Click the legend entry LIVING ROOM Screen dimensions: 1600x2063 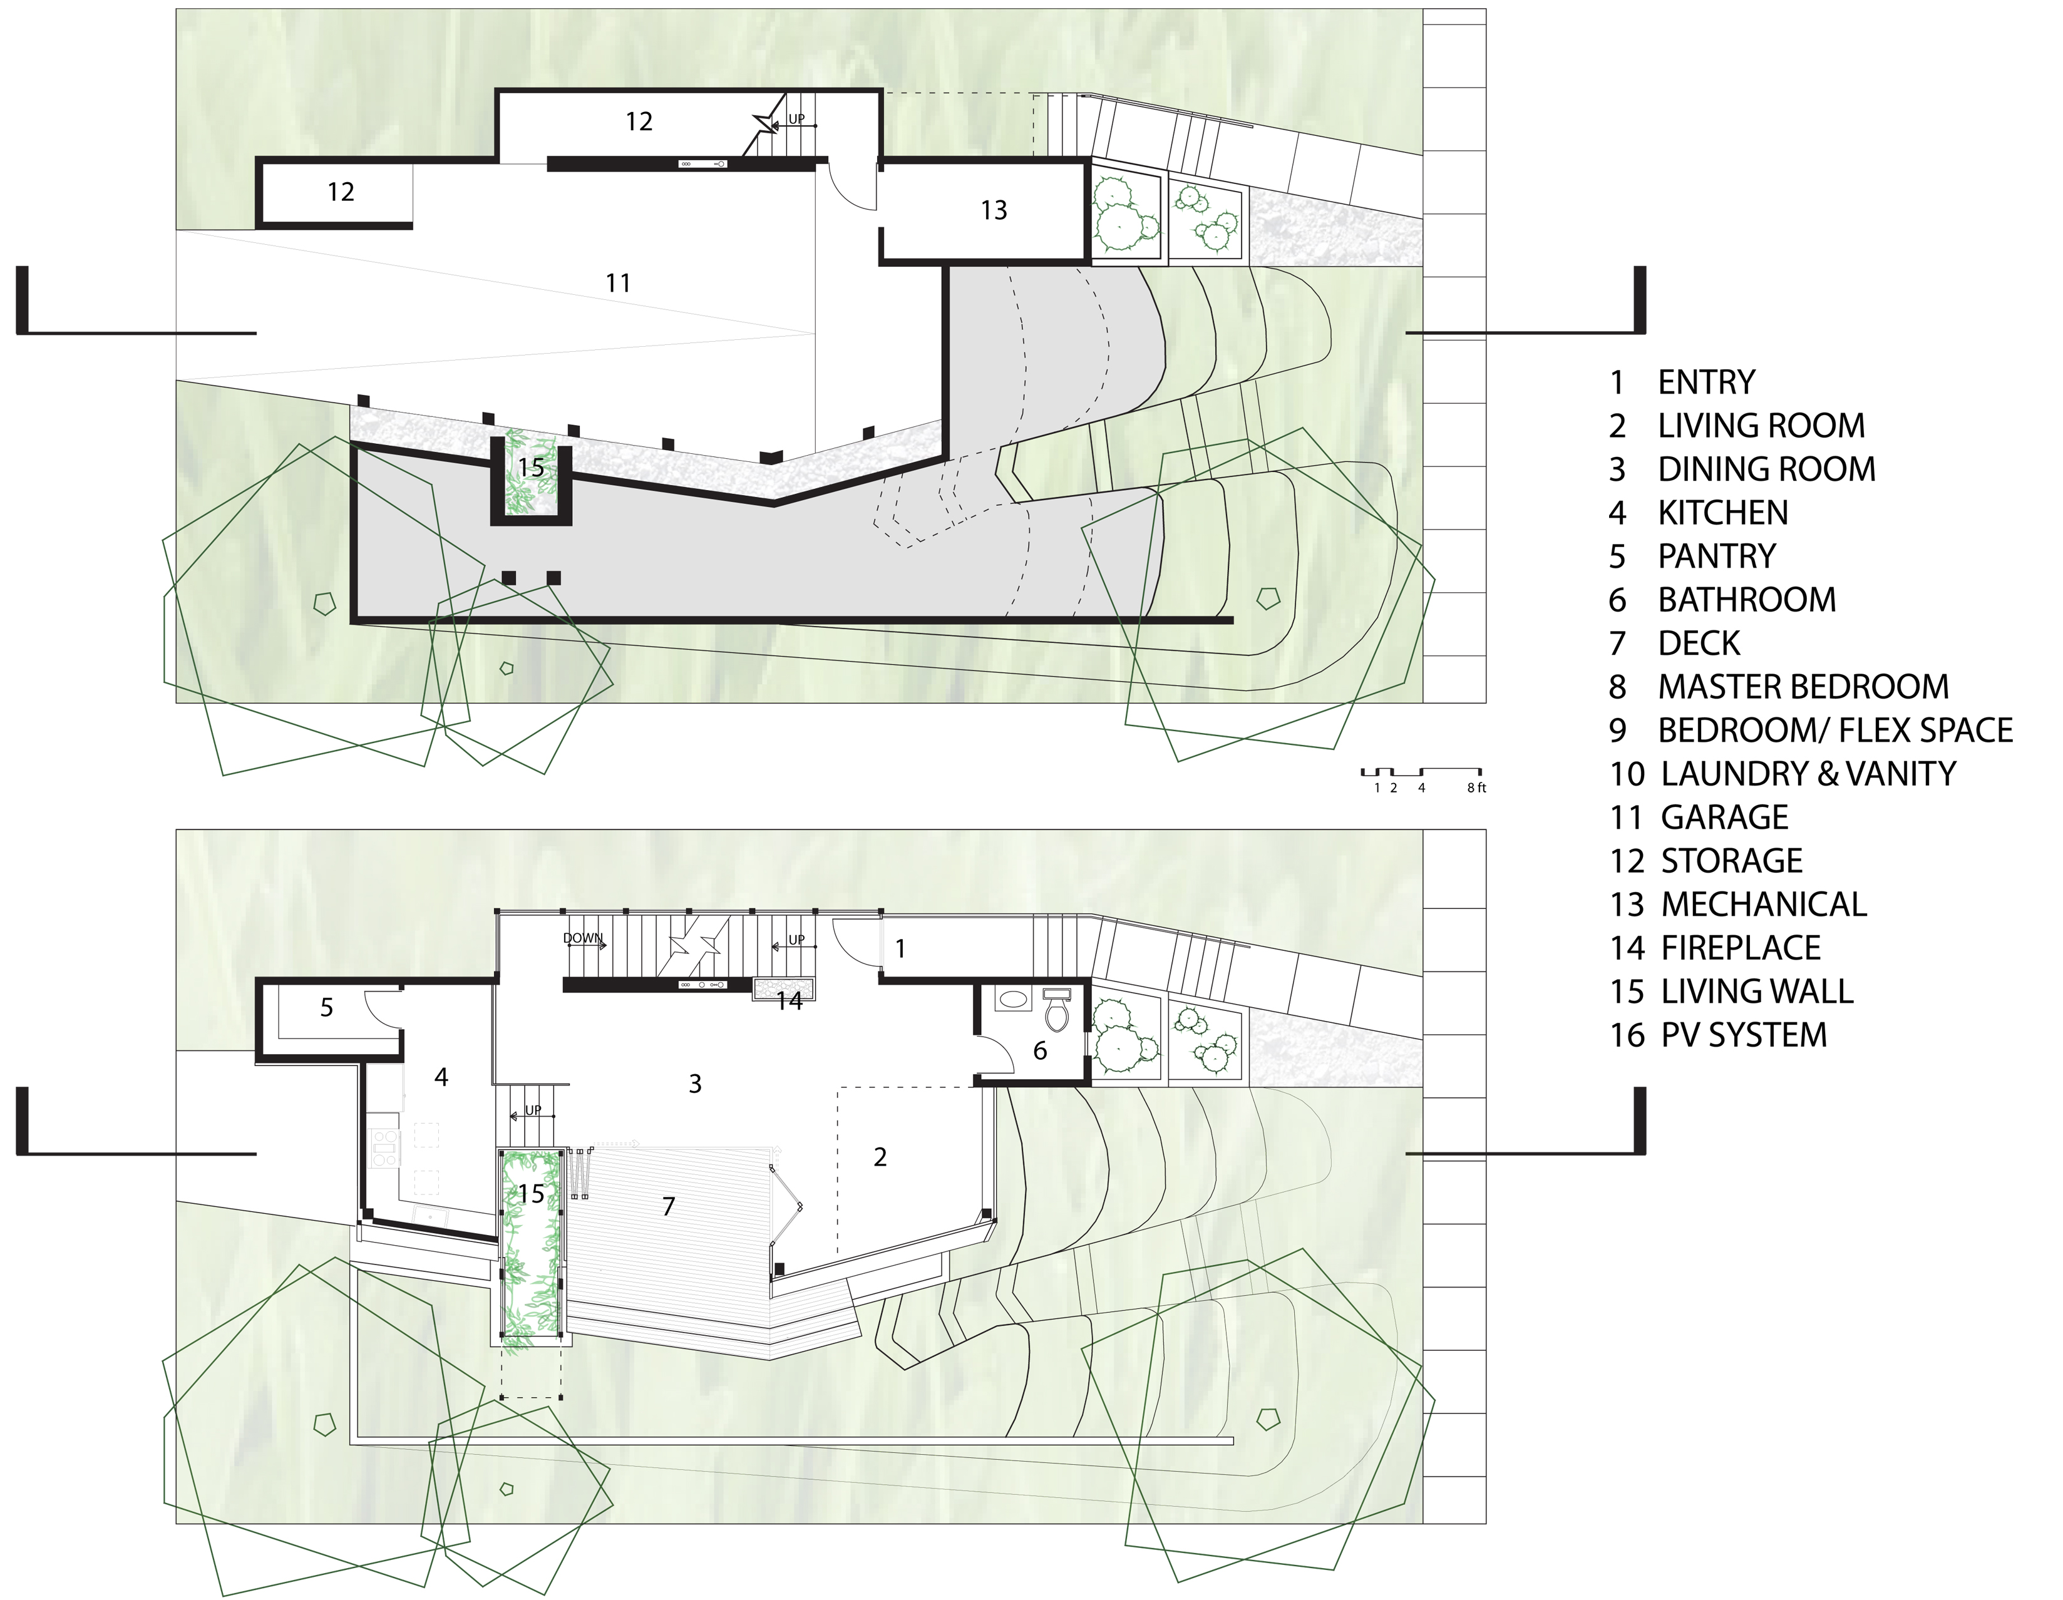pyautogui.click(x=1761, y=426)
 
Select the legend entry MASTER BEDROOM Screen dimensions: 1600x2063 pyautogui.click(x=1803, y=687)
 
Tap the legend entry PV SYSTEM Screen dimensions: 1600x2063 pyautogui.click(x=1743, y=1035)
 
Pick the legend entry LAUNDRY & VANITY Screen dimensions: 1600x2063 pyautogui.click(x=1807, y=774)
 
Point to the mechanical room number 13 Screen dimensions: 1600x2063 pyautogui.click(x=994, y=210)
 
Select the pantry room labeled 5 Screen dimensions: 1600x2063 pyautogui.click(x=327, y=1008)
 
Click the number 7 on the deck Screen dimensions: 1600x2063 pyautogui.click(x=669, y=1206)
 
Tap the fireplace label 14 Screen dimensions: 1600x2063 pyautogui.click(x=789, y=1000)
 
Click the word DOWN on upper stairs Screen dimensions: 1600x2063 pyautogui.click(x=582, y=938)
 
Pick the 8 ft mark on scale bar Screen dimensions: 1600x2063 pyautogui.click(x=1476, y=787)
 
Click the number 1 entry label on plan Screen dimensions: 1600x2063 pyautogui.click(x=900, y=948)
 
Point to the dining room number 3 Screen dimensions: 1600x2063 pyautogui.click(x=695, y=1084)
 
